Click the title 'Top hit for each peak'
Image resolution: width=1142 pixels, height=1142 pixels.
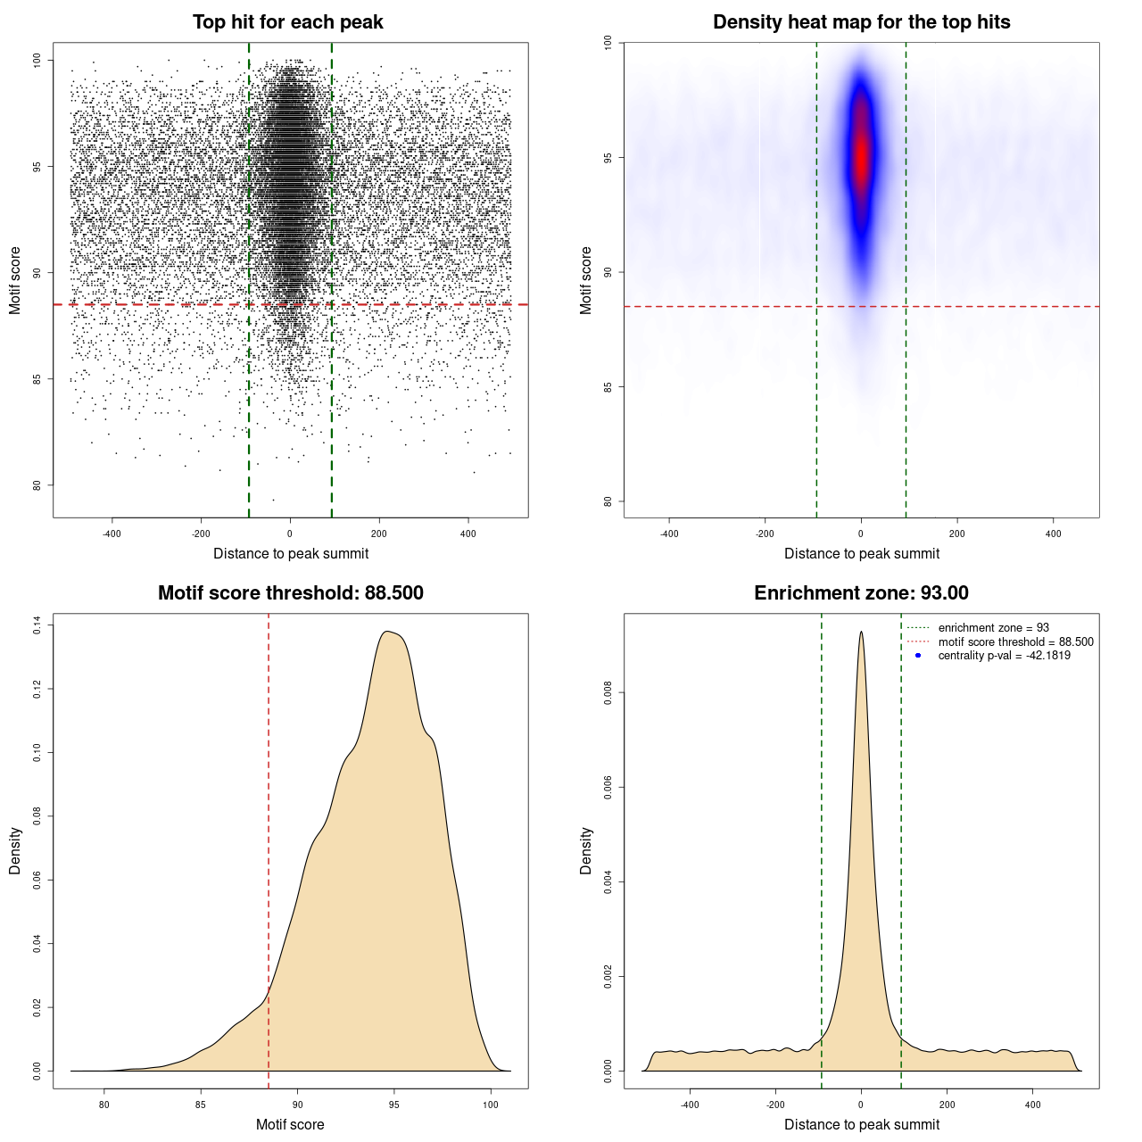[x=287, y=22]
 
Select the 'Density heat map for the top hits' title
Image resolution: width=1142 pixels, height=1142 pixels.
[x=861, y=22]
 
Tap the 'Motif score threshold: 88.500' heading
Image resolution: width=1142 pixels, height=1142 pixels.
[x=290, y=593]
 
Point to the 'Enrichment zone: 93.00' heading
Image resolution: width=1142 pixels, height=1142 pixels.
[x=861, y=593]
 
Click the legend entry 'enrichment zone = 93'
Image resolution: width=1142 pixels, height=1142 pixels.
[x=993, y=628]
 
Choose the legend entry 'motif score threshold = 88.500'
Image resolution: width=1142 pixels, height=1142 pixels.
[x=1015, y=641]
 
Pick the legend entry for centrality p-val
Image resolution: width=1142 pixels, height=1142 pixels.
[x=1004, y=656]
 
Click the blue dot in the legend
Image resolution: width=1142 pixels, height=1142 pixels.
[x=918, y=656]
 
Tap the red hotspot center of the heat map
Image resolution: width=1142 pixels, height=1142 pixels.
[x=861, y=156]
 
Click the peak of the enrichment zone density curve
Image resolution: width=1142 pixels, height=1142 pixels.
[x=861, y=632]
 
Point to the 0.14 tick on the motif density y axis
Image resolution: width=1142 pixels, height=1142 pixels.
[x=37, y=625]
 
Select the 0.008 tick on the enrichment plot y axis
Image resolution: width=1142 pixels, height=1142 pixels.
[x=608, y=693]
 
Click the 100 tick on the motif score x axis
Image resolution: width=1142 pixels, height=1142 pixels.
[x=491, y=1105]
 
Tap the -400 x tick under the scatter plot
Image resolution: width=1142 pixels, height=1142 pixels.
[x=112, y=534]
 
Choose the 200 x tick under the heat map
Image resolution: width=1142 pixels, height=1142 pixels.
[x=957, y=534]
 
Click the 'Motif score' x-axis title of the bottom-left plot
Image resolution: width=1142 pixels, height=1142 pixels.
[x=290, y=1124]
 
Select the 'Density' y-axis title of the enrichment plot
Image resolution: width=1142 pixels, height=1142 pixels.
[x=586, y=850]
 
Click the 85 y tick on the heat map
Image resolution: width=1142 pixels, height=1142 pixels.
[x=608, y=386]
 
